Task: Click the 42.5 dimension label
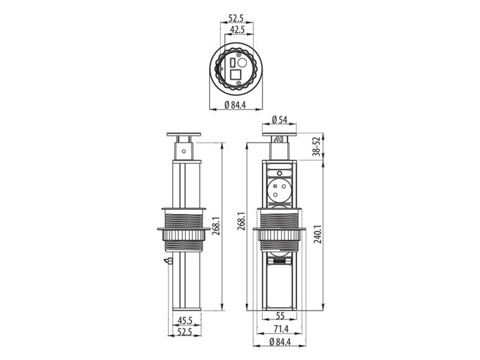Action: pos(237,29)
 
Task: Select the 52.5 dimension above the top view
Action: pos(236,19)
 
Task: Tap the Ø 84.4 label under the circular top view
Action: pos(235,105)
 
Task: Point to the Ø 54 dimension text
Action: pos(279,120)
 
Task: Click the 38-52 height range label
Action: pos(316,146)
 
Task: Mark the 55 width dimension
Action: pos(280,315)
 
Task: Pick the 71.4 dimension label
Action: pos(280,329)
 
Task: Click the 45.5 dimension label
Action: pos(185,320)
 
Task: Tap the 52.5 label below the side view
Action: pos(184,331)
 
